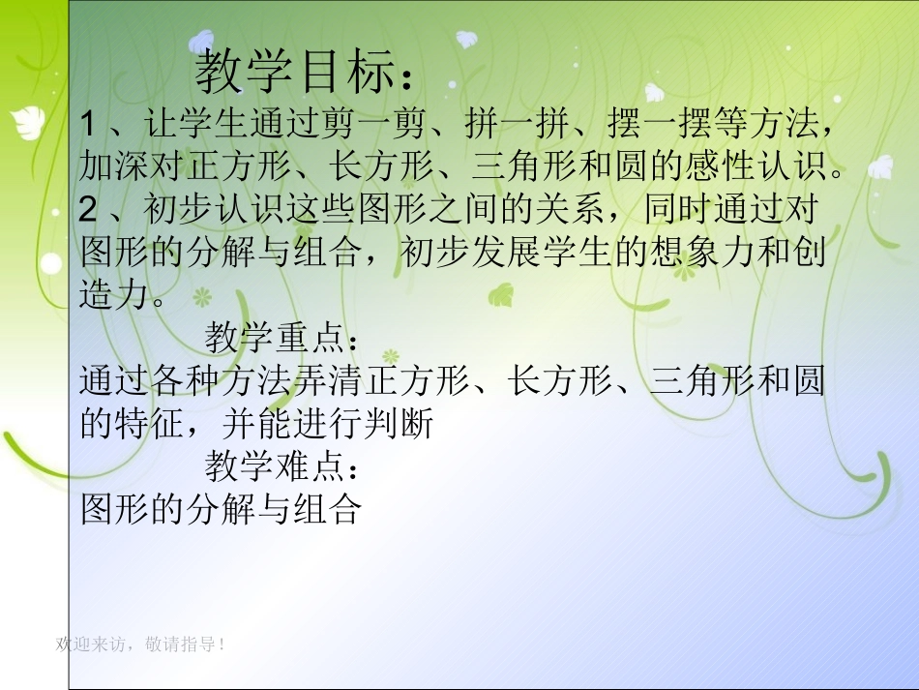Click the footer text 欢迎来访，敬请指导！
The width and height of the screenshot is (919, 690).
pos(141,644)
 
